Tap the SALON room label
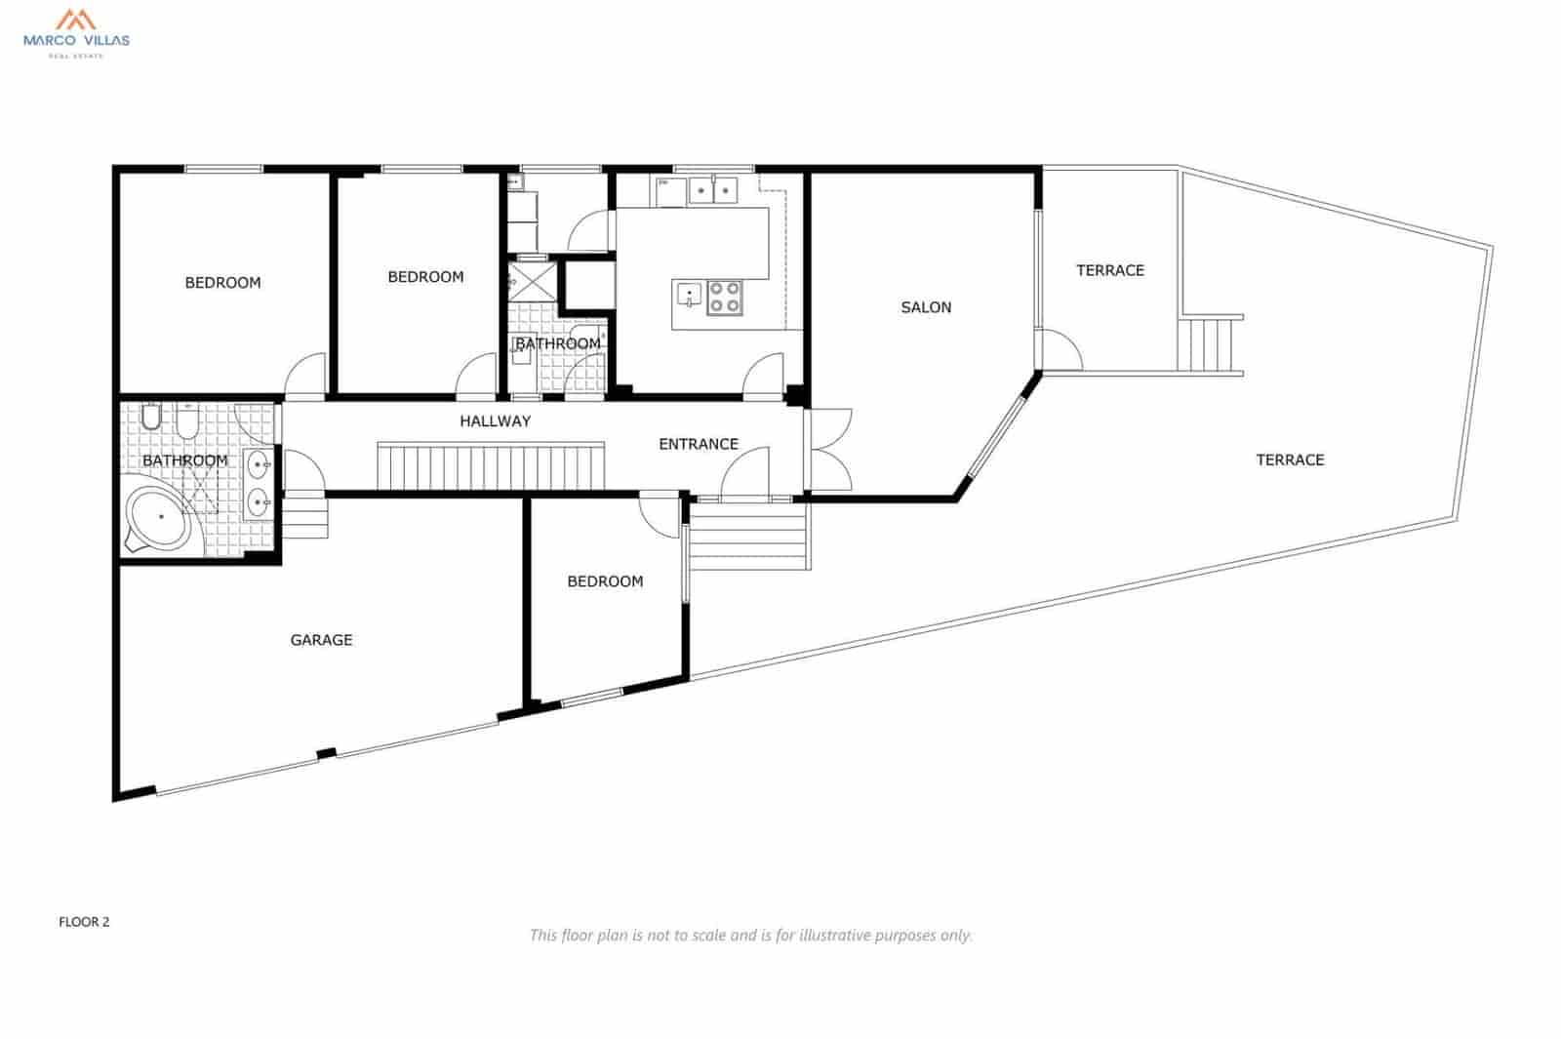925,307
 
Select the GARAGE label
321,640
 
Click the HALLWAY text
495,421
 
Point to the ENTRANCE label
698,444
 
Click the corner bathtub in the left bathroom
161,518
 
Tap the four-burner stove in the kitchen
724,297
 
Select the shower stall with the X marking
531,281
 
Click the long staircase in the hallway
491,466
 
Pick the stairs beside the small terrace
1210,343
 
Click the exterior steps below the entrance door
748,537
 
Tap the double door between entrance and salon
827,449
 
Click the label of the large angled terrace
1289,460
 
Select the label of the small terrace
1109,270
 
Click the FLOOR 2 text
84,922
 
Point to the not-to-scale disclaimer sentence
750,935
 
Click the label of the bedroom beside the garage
605,581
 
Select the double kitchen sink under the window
712,190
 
